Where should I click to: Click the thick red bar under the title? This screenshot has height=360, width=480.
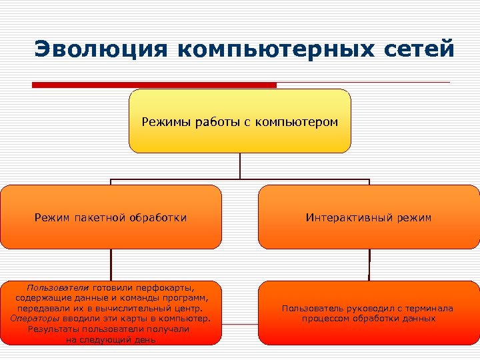click(x=154, y=85)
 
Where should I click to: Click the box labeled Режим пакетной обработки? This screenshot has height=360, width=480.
click(x=111, y=217)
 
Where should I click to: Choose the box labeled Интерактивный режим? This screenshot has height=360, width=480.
click(x=369, y=217)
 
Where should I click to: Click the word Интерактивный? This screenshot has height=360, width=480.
click(x=345, y=217)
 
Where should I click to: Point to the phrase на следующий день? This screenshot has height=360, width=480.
click(x=111, y=339)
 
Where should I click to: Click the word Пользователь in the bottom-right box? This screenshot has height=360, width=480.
click(x=313, y=309)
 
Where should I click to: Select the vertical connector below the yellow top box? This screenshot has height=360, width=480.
click(x=239, y=167)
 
